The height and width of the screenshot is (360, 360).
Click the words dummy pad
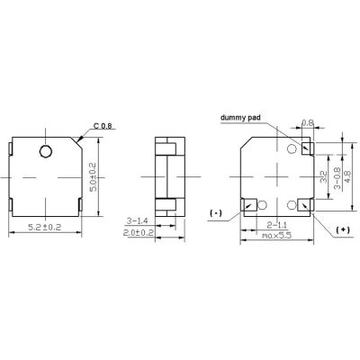241,119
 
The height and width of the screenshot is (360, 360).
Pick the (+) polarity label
344,231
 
